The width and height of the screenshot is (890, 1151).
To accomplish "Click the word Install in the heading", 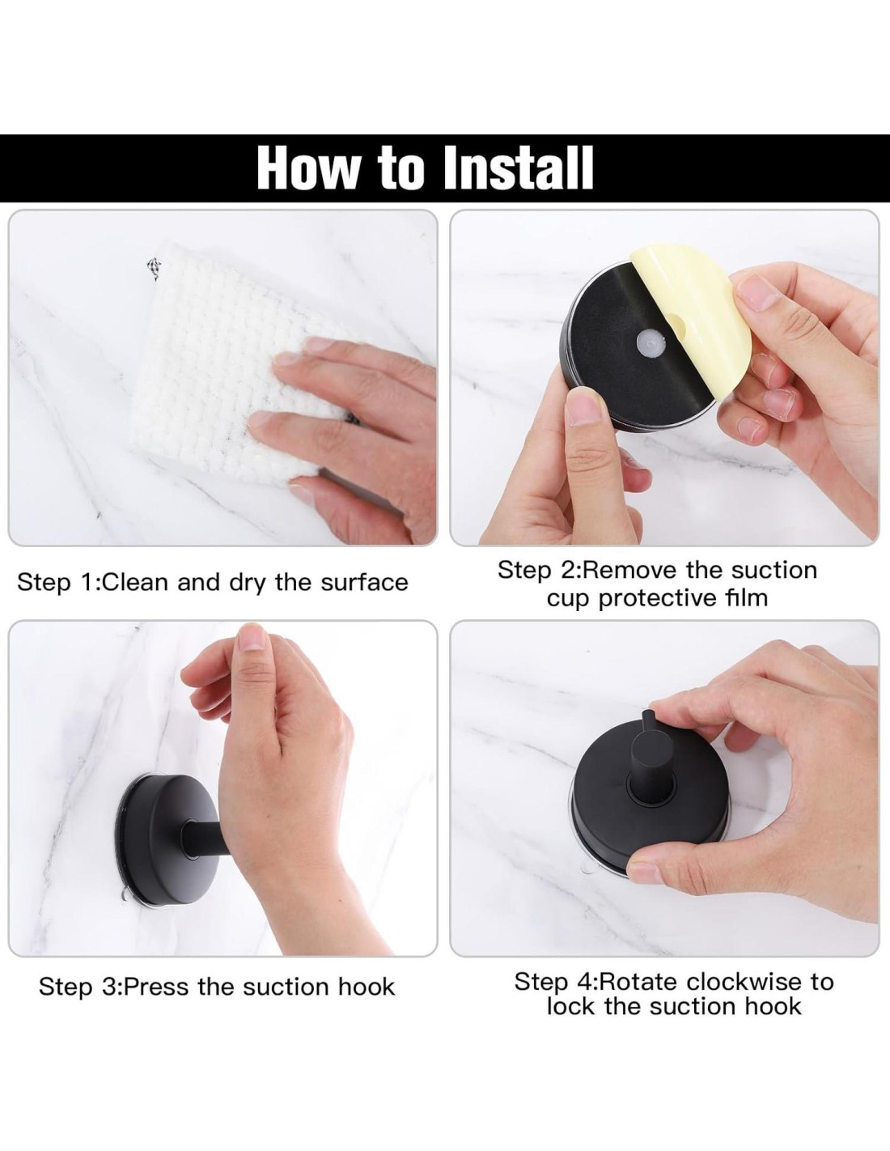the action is [519, 168].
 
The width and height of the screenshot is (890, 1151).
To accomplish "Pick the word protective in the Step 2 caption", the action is [665, 599].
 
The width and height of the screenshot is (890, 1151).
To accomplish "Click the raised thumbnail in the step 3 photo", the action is [252, 637].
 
